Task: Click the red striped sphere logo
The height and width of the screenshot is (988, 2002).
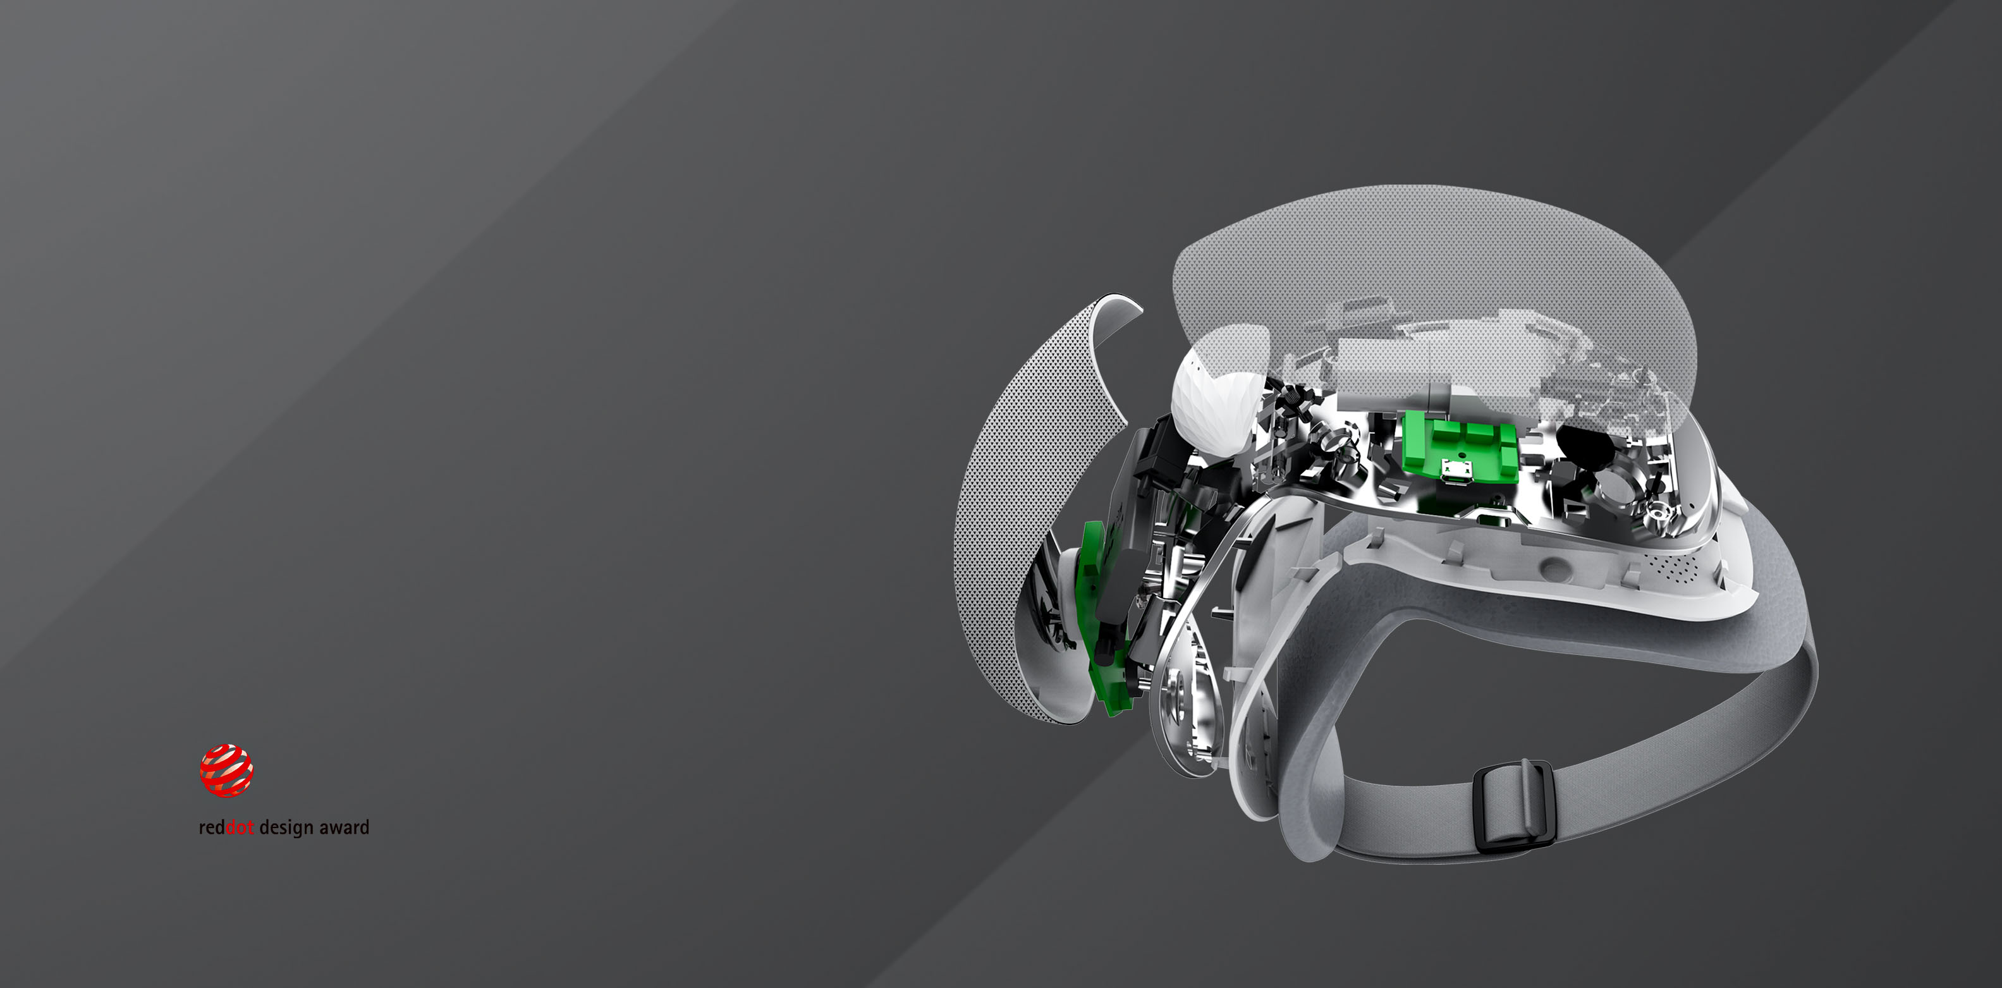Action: click(226, 771)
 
